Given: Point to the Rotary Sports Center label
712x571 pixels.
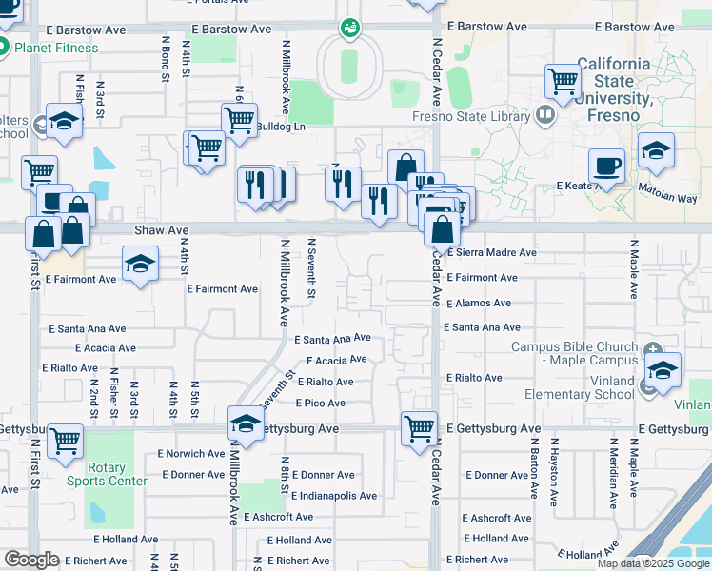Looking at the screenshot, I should point(106,474).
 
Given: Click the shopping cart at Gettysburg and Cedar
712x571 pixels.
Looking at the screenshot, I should point(419,428).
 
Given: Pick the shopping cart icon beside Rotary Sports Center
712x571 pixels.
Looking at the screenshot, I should point(65,441).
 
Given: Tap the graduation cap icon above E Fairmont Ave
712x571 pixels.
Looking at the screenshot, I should point(140,264).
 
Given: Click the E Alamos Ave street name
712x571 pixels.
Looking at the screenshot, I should point(480,303).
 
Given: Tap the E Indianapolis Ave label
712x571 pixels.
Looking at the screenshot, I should point(334,496).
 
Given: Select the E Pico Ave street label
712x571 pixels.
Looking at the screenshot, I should point(321,404).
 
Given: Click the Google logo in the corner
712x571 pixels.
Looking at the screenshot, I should point(30,560).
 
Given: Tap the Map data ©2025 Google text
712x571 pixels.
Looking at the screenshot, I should point(652,563).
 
